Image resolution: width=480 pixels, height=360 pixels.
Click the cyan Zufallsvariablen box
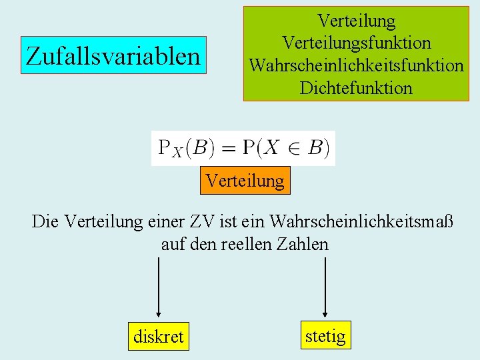click(113, 55)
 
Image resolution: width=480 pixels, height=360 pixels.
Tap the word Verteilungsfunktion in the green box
click(357, 43)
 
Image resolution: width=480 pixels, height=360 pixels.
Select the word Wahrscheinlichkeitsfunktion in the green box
click(357, 65)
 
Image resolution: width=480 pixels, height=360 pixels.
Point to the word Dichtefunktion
click(357, 87)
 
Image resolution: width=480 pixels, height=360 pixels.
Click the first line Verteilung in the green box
click(357, 21)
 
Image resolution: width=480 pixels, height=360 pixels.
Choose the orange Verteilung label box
click(245, 180)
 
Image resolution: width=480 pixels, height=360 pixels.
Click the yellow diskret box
click(158, 337)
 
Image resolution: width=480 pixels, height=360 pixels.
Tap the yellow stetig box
click(325, 335)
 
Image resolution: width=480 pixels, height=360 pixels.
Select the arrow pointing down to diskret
click(158, 287)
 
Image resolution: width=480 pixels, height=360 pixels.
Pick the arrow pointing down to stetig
click(325, 287)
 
